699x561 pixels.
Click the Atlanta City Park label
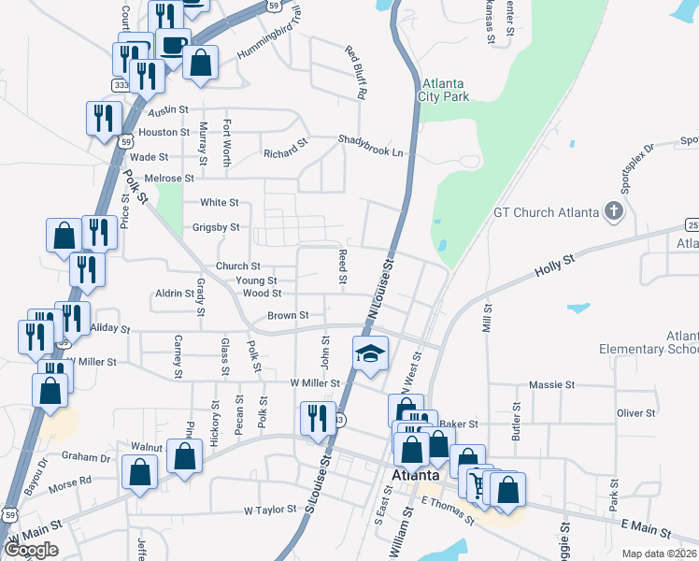tap(444, 89)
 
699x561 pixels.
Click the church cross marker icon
tap(613, 211)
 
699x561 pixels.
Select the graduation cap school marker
tap(370, 354)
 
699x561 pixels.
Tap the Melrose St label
tap(169, 178)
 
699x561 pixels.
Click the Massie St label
tap(551, 385)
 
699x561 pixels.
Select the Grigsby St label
tap(216, 227)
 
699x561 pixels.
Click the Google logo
tap(32, 550)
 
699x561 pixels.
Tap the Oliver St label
tap(636, 413)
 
